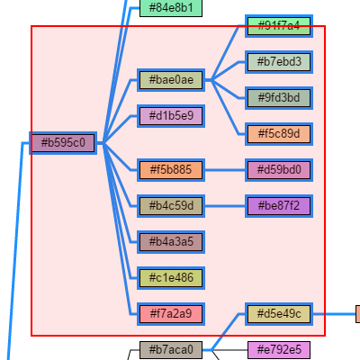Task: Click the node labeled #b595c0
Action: pyautogui.click(x=63, y=142)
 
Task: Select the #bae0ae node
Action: pyautogui.click(x=171, y=80)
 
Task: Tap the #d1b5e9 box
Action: pyautogui.click(x=171, y=115)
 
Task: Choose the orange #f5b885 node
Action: pyautogui.click(x=171, y=169)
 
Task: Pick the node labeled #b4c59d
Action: pyautogui.click(x=171, y=206)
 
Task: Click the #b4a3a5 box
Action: pyautogui.click(x=171, y=241)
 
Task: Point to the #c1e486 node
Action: pyautogui.click(x=171, y=277)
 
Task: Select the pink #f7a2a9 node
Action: pyautogui.click(x=171, y=314)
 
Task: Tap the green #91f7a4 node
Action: pyautogui.click(x=279, y=25)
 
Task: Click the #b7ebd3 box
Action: pyautogui.click(x=279, y=62)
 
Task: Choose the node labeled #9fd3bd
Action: pyautogui.click(x=279, y=97)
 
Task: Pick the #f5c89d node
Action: pyautogui.click(x=279, y=133)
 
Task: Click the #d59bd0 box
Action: pyautogui.click(x=279, y=169)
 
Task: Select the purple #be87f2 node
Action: pyautogui.click(x=279, y=206)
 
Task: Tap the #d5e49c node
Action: pyautogui.click(x=279, y=314)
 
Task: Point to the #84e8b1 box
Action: pyautogui.click(x=171, y=7)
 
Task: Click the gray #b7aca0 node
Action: pyautogui.click(x=171, y=349)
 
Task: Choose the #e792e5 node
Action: pyautogui.click(x=279, y=349)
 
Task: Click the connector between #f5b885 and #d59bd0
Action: pyautogui.click(x=225, y=169)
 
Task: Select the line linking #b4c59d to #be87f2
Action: pyautogui.click(x=225, y=206)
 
